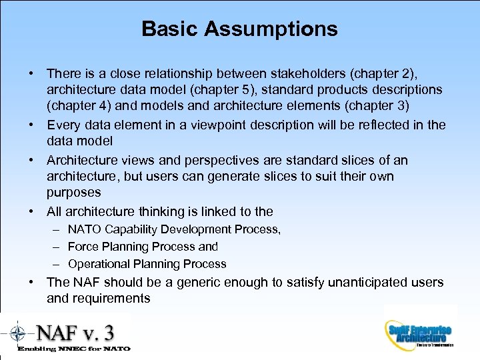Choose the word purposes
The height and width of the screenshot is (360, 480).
73,193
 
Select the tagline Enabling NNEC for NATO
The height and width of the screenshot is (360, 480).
74,348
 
